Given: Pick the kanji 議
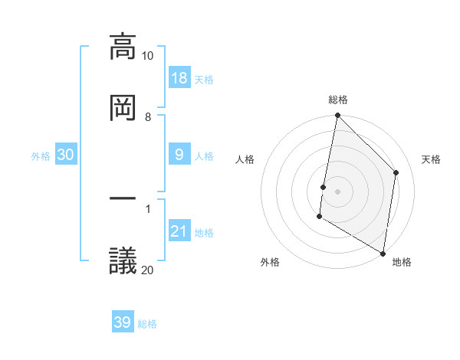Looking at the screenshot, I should [x=123, y=260].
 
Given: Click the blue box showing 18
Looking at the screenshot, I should [x=179, y=78].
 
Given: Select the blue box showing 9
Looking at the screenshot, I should [x=179, y=155].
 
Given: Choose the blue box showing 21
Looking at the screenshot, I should [x=179, y=231].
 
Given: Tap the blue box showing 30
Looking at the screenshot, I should [x=66, y=155].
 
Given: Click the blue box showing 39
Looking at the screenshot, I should [x=123, y=322].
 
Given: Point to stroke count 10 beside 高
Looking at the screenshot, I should [x=148, y=57].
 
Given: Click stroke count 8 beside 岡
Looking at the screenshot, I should [x=148, y=117].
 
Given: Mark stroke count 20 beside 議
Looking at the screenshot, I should [x=148, y=270].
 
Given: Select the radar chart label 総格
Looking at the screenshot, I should [x=338, y=100].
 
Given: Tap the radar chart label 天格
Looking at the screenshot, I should [x=432, y=159].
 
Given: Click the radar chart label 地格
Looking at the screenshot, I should [x=402, y=263].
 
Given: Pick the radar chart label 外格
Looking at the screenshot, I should [x=270, y=263].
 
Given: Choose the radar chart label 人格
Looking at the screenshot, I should [x=245, y=159].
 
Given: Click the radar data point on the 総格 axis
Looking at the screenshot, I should [x=337, y=116].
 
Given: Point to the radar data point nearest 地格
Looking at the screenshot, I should [x=383, y=253].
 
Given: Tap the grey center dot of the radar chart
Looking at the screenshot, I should [x=337, y=191].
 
